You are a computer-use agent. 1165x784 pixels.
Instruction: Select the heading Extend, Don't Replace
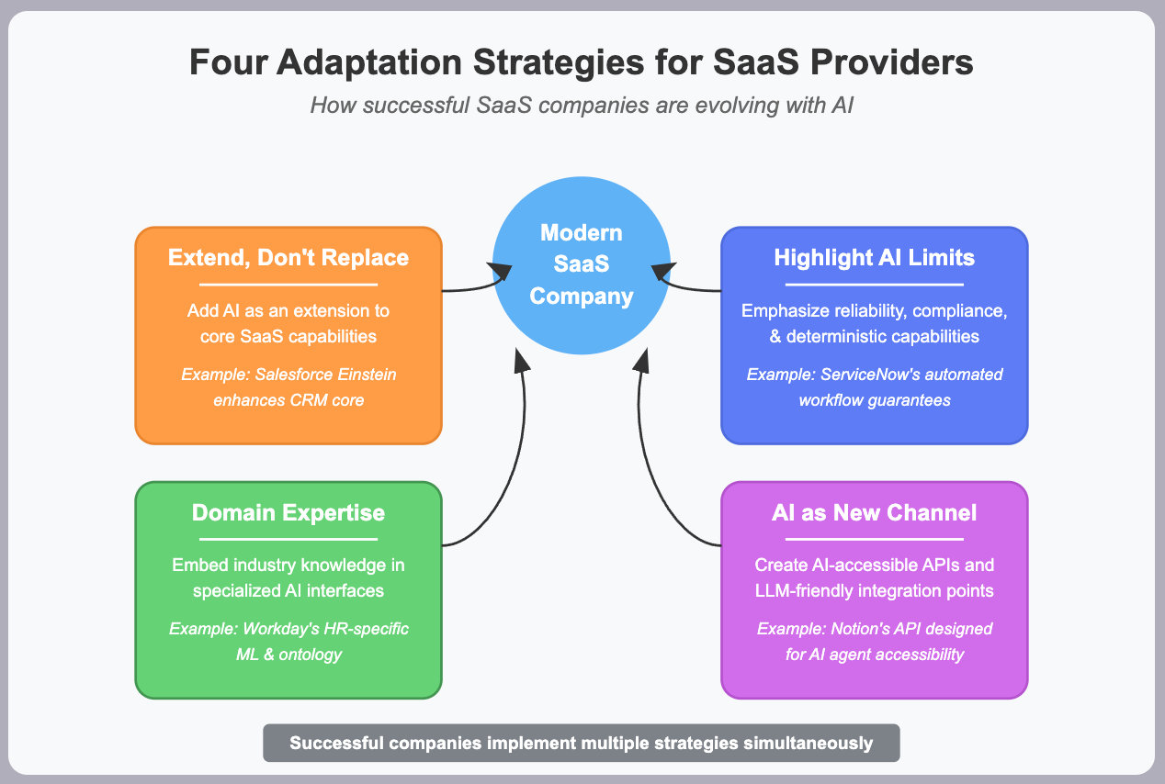tap(288, 258)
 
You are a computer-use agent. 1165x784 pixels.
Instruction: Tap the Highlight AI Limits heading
tap(874, 258)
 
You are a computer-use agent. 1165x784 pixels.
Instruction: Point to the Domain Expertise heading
tap(288, 512)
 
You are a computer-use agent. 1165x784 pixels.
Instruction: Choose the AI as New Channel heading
tap(874, 512)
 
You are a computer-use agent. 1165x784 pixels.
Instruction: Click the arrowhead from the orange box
tap(502, 272)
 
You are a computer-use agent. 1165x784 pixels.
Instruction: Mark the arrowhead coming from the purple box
tap(641, 360)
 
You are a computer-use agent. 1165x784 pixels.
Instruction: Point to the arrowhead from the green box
tap(522, 360)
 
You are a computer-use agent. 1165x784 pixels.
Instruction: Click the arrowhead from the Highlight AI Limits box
tap(662, 272)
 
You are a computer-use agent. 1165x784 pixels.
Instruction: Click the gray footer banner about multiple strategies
tap(582, 743)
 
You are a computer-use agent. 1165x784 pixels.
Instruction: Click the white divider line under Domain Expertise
tap(288, 539)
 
